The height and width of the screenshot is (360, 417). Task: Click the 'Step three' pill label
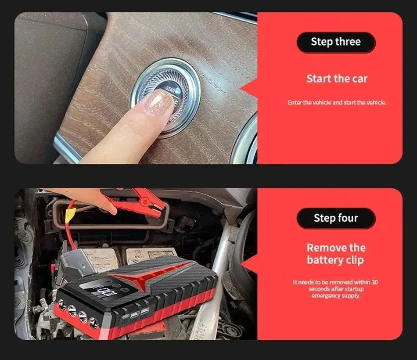click(336, 42)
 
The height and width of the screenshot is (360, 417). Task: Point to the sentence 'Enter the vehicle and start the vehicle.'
click(337, 103)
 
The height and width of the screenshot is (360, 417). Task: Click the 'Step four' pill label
click(336, 218)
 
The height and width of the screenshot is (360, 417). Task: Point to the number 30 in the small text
click(374, 282)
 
